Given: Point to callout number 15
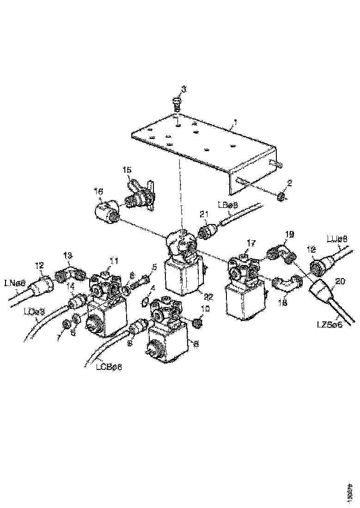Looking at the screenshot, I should (x=128, y=170).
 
